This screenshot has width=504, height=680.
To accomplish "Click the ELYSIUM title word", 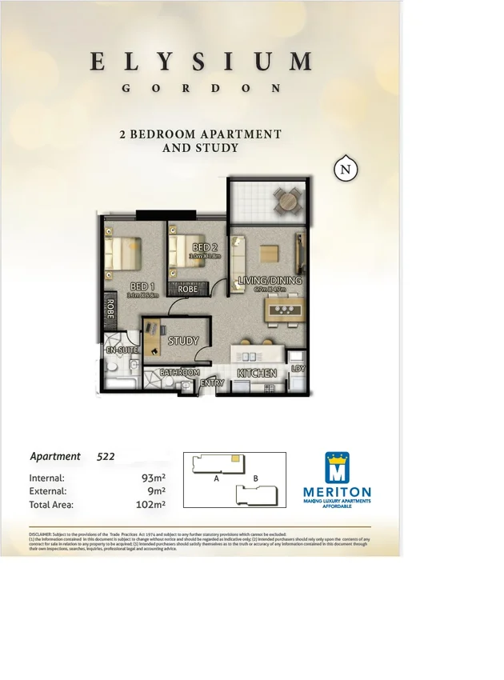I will coord(201,62).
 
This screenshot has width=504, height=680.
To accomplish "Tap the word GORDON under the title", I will coord(201,89).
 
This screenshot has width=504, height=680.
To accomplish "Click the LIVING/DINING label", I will coord(270,281).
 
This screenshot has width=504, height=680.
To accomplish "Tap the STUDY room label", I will coord(182,341).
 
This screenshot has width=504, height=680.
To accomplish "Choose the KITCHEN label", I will coord(258,374).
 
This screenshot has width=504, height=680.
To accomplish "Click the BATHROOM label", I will coord(179,373).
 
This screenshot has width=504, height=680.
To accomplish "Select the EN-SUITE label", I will coord(122,350).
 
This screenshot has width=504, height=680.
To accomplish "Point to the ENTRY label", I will coord(213,384).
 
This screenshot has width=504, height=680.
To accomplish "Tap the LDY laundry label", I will coord(298,369).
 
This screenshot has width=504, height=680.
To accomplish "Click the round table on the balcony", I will coord(286,202).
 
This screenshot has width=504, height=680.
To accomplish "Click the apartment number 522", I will coord(106,457).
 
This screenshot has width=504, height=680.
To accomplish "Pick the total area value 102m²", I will coord(150,505).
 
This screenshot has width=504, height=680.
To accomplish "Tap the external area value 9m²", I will coord(158,491).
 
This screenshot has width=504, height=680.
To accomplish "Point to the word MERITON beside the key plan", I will coord(337,492).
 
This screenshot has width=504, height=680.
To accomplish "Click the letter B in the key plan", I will coord(254,478).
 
